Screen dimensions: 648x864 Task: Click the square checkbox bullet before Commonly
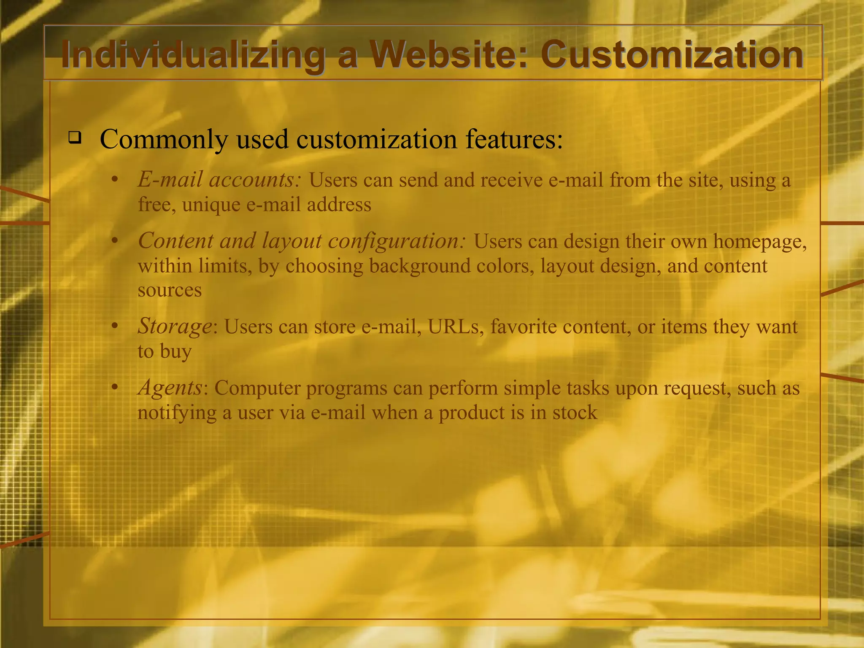75,138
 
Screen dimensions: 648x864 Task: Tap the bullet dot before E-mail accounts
114,180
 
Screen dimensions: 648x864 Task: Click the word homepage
760,242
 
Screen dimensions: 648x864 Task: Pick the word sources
170,290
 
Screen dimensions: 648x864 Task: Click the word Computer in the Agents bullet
257,388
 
